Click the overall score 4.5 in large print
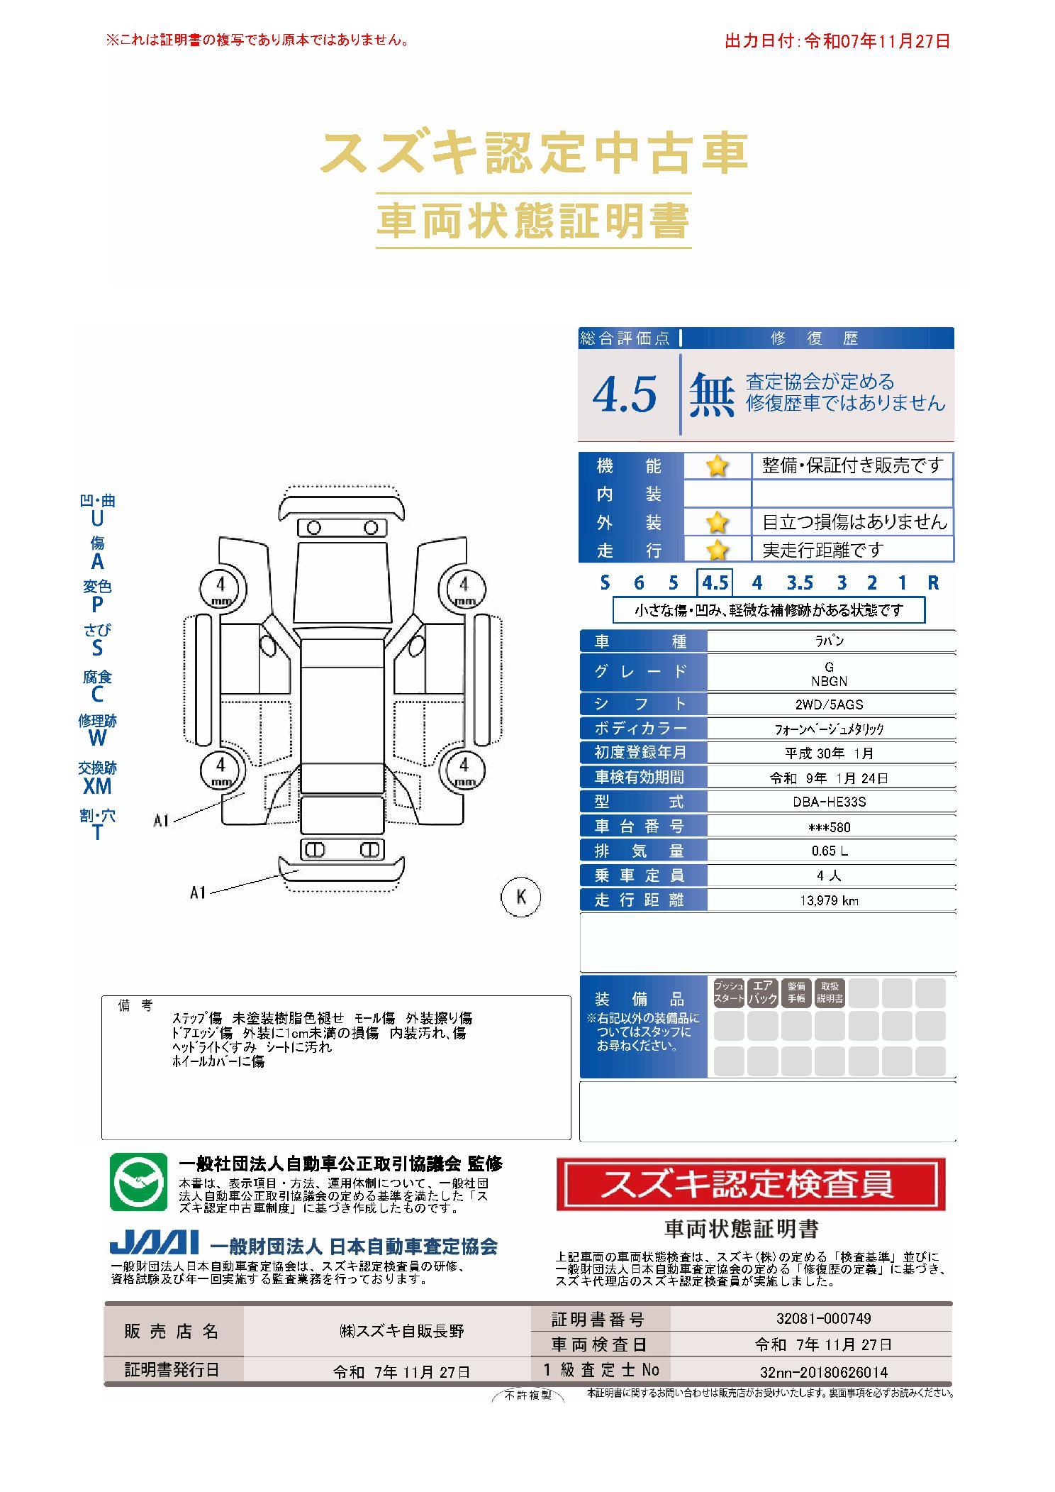coord(625,394)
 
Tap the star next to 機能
coord(717,466)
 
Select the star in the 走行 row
coord(717,549)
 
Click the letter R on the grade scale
coord(933,582)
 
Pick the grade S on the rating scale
coord(604,582)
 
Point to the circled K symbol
coord(520,897)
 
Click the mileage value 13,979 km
coord(829,900)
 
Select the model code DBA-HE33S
coord(830,802)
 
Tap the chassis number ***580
coord(830,827)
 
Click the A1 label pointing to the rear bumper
coord(198,893)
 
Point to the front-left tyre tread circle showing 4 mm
coord(222,589)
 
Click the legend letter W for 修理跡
coord(97,738)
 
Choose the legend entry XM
coord(97,786)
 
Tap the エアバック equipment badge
coord(762,992)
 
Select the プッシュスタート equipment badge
coord(729,992)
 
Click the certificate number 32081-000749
coord(823,1318)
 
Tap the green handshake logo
coord(138,1182)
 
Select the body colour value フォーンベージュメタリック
coord(829,729)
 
